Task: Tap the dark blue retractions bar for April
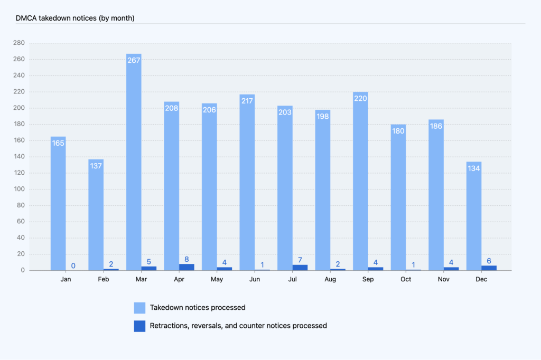[186, 267]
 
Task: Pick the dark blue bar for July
[300, 268]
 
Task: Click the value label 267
[134, 60]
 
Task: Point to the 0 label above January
[73, 266]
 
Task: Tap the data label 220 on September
[360, 98]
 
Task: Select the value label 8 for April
[186, 259]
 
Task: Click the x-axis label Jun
[255, 279]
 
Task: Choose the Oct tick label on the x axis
[406, 279]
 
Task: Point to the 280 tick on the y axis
[20, 43]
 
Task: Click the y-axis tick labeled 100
[20, 189]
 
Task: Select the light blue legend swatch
[139, 308]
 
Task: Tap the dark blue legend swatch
[139, 326]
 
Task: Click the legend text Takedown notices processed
[198, 308]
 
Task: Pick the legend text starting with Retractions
[238, 326]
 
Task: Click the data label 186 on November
[436, 126]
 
